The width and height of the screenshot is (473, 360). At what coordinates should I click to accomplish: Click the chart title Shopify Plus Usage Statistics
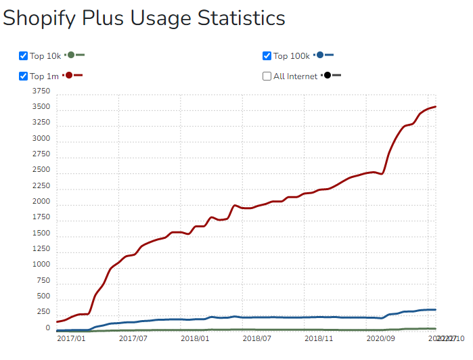tap(144, 18)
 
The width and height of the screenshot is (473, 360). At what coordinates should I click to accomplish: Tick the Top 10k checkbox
tap(23, 56)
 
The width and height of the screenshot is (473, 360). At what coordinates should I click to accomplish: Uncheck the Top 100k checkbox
tap(267, 56)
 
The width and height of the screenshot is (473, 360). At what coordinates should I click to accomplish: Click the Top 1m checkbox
tap(23, 76)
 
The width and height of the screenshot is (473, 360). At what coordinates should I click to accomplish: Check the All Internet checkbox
tap(267, 76)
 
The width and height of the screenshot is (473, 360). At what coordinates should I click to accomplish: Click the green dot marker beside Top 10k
tap(70, 55)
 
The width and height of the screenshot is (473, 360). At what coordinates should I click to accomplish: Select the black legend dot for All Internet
tap(327, 75)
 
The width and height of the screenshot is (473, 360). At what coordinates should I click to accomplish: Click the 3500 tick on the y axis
tap(41, 107)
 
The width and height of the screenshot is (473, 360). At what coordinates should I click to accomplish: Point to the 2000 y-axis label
tap(41, 202)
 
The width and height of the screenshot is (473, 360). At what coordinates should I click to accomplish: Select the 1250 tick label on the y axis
tap(41, 249)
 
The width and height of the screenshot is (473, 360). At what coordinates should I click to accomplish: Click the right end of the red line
tap(436, 106)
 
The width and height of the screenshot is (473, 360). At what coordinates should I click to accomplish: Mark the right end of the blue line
tap(436, 310)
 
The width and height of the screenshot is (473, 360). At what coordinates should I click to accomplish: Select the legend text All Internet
tap(295, 76)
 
